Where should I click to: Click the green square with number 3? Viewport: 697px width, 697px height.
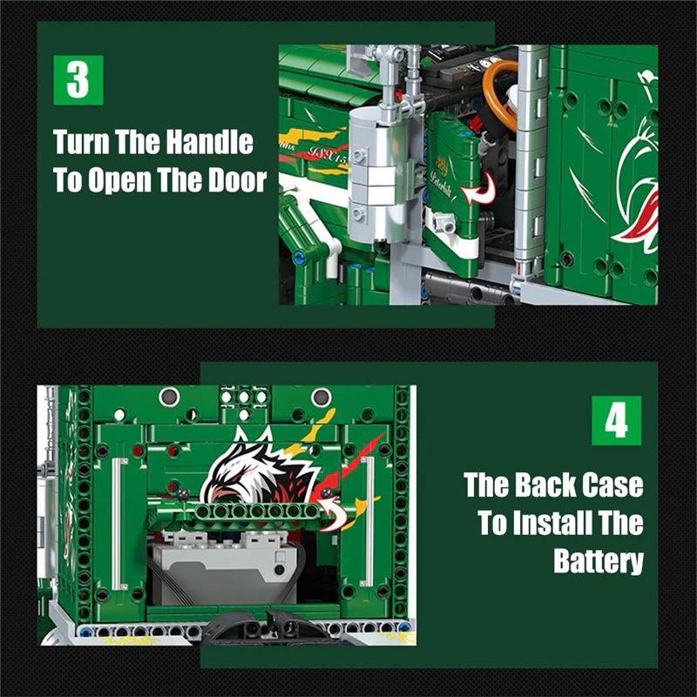pyautogui.click(x=78, y=80)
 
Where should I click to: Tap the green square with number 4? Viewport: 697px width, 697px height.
pyautogui.click(x=617, y=421)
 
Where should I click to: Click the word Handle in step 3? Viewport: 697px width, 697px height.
pyautogui.click(x=209, y=142)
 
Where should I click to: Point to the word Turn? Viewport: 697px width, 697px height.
pyautogui.click(x=81, y=142)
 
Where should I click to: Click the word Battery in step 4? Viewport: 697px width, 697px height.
pyautogui.click(x=599, y=561)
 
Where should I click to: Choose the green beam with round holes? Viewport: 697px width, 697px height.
pyautogui.click(x=258, y=511)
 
